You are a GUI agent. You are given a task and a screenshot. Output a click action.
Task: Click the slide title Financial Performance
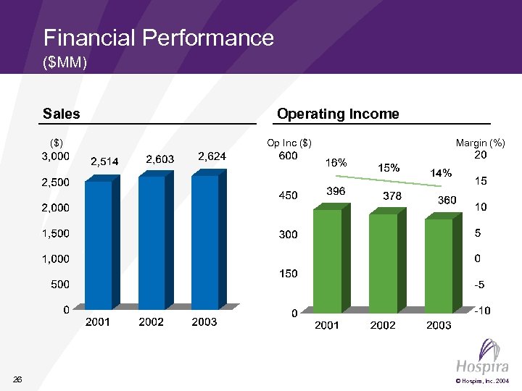[158, 38]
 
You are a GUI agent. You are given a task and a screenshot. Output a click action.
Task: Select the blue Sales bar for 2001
[99, 245]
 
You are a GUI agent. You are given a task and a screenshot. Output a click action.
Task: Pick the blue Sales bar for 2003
[205, 242]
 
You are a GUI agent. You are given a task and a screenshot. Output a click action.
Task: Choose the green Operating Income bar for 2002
[384, 263]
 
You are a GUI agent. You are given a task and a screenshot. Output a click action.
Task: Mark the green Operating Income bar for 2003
[439, 266]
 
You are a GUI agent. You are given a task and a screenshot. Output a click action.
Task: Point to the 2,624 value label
[212, 156]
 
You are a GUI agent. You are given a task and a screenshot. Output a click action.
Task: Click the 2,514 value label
[104, 161]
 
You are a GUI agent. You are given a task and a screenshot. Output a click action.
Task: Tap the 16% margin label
[336, 162]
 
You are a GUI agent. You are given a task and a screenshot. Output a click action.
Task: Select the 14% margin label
[441, 173]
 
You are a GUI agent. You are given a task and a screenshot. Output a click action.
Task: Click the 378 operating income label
[391, 195]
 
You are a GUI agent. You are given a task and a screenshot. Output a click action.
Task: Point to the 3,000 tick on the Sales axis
[56, 156]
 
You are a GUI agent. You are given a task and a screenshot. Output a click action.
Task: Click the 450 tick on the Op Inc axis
[288, 195]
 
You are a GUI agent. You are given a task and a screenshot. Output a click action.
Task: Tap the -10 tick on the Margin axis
[481, 311]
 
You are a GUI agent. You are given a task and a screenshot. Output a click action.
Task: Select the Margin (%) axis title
[480, 143]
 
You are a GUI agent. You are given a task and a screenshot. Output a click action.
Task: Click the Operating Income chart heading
[338, 114]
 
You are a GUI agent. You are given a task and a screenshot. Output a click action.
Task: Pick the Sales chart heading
[62, 114]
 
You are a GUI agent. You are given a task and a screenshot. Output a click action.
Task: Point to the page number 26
[18, 379]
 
